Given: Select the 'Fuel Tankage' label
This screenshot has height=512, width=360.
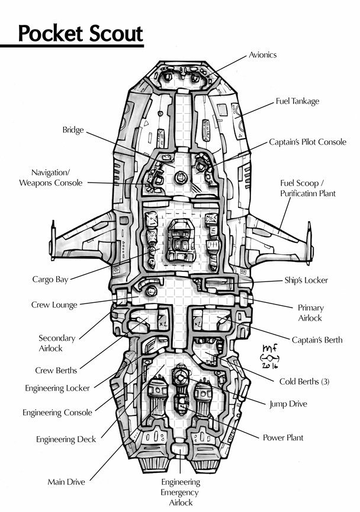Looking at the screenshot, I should [x=297, y=101].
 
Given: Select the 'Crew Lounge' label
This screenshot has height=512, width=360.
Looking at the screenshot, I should [x=54, y=305].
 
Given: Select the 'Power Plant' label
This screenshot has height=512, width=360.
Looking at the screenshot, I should [x=282, y=438].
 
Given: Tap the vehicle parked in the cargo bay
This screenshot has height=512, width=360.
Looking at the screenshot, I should [x=179, y=241].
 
